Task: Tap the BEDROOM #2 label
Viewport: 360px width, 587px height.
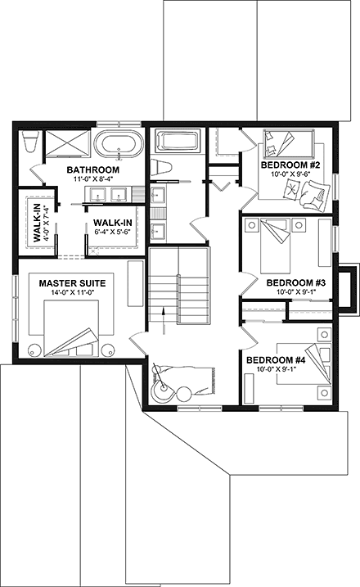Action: coord(289,165)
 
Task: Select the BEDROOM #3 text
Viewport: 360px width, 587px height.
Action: coord(296,282)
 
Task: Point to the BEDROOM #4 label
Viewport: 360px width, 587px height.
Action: coord(276,359)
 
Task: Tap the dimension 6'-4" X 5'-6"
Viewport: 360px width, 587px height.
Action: coord(113,232)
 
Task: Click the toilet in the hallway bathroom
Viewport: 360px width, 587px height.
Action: coord(164,169)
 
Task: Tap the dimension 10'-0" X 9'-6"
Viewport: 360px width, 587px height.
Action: coord(289,174)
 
